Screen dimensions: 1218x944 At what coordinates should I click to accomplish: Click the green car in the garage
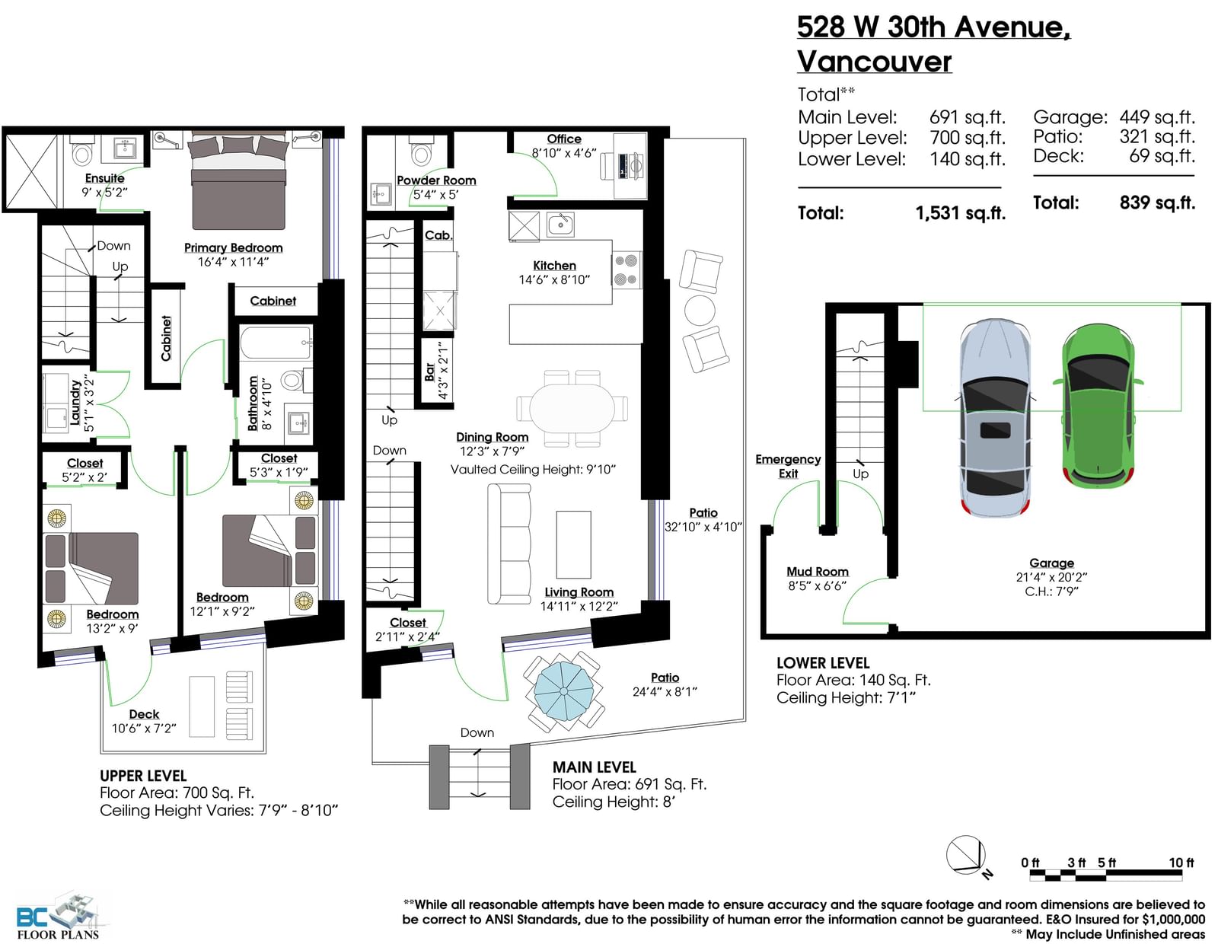coord(1098,405)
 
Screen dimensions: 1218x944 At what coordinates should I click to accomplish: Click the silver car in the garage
coord(995,417)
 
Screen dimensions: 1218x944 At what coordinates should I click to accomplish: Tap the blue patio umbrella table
coord(564,692)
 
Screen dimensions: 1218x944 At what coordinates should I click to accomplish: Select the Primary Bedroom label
coord(233,247)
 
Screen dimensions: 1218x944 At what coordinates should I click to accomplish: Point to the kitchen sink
coord(560,225)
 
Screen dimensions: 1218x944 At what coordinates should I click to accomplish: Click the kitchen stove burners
coord(626,269)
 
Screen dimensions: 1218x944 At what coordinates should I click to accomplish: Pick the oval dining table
coord(572,408)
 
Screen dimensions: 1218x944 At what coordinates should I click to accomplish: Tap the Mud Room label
coord(818,571)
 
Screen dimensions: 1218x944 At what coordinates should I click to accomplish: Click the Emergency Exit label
coord(788,467)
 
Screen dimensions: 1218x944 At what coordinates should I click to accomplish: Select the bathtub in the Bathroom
coord(276,343)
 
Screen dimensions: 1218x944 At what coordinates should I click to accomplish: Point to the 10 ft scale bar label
coord(1181,862)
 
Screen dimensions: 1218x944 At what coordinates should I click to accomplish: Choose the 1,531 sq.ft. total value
coord(961,213)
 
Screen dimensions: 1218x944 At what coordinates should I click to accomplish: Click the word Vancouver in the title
coord(875,61)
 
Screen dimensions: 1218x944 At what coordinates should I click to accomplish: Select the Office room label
coord(564,139)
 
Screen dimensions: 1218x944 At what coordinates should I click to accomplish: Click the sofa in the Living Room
coord(509,544)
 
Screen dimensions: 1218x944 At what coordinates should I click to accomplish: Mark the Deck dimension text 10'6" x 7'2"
coord(144,729)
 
